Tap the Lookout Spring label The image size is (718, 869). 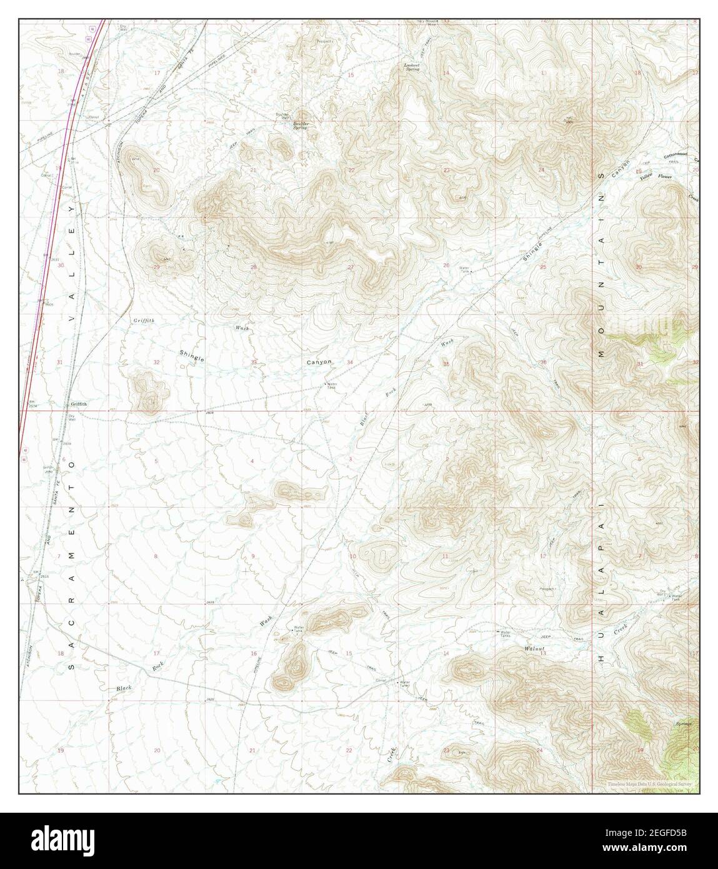[x=412, y=67]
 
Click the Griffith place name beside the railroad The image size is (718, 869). [x=78, y=404]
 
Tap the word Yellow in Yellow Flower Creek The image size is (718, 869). [x=647, y=178]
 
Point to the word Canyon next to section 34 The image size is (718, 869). [x=319, y=362]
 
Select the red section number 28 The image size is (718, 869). [x=254, y=267]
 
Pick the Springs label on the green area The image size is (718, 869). [x=684, y=725]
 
